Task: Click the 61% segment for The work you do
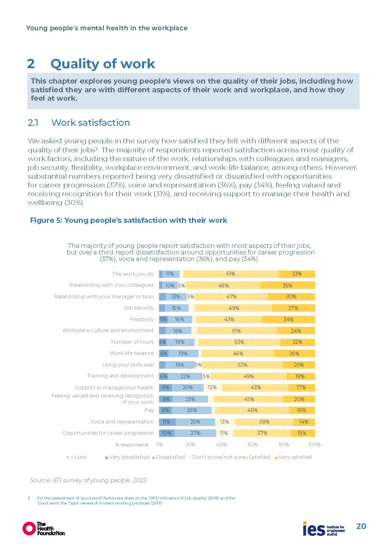pos(231,274)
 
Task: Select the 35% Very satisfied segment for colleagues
pos(287,285)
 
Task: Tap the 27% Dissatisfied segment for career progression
pos(195,433)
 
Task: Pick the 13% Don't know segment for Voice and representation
pos(224,422)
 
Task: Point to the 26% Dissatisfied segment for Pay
pos(192,410)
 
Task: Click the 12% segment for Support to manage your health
pos(212,387)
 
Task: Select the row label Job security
pos(139,308)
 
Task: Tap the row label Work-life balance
pos(132,353)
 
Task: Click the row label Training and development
pos(120,376)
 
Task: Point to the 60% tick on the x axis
pos(253,445)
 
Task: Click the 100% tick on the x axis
pos(315,445)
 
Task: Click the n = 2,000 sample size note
pos(77,457)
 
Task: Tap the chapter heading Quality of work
pos(103,64)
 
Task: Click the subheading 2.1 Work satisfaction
pos(79,123)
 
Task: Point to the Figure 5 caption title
pos(128,220)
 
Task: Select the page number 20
pos(361,526)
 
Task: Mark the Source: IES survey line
pos(88,480)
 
